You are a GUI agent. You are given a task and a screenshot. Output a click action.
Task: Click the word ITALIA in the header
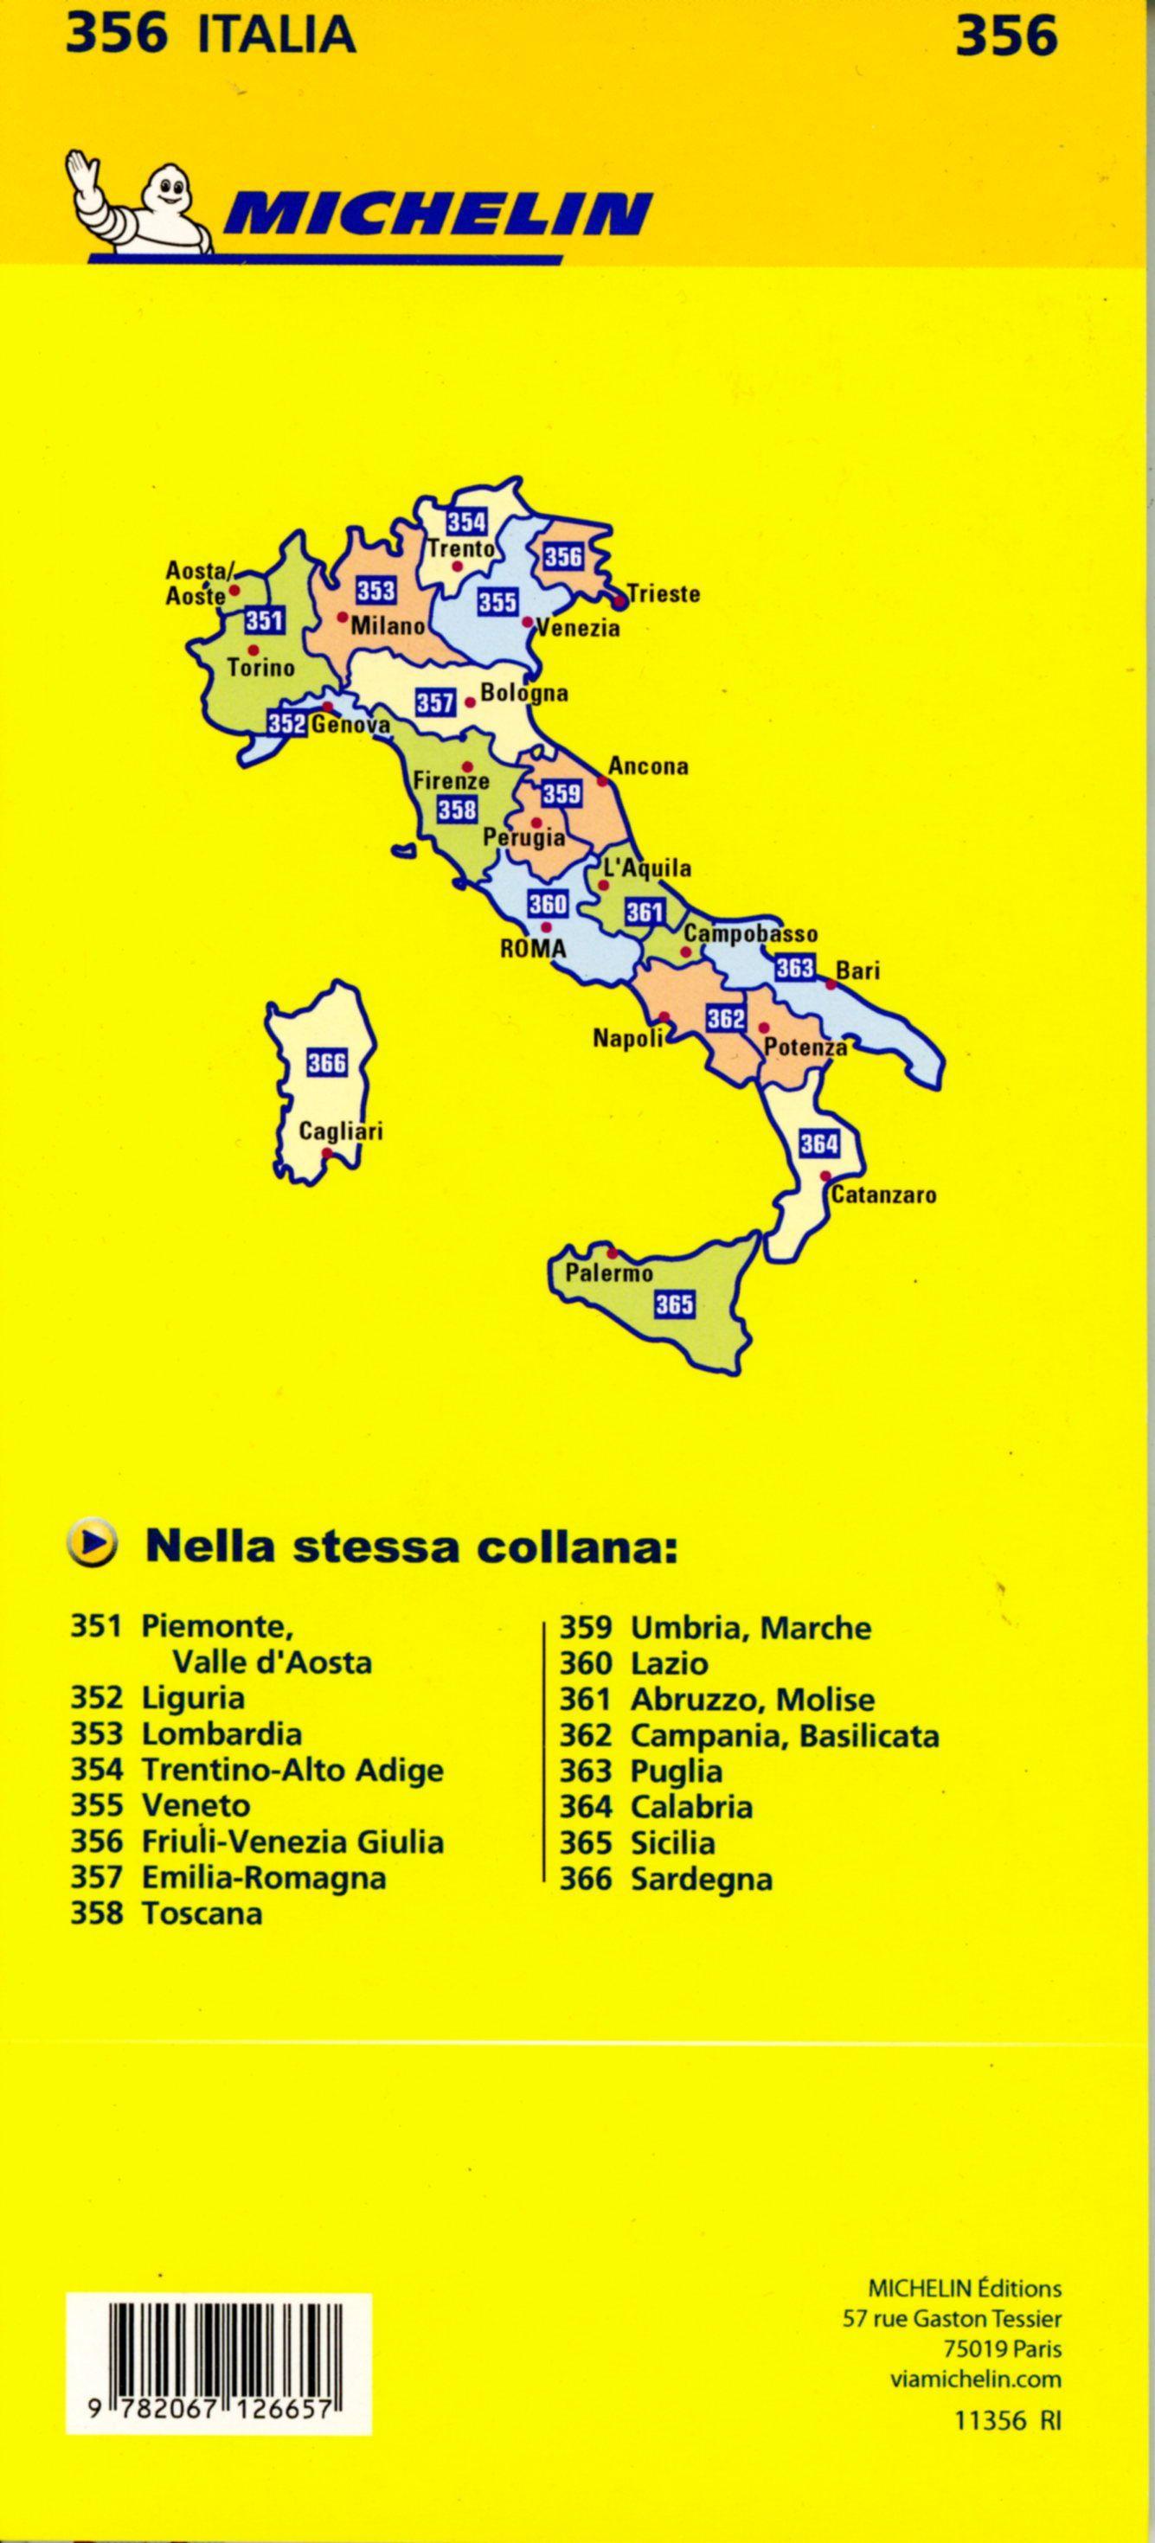(x=276, y=35)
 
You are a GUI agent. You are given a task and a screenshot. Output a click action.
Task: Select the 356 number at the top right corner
(x=1006, y=35)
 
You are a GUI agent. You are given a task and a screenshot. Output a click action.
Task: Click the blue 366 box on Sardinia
(x=327, y=1062)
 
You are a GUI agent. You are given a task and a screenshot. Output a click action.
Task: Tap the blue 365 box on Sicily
(x=675, y=1304)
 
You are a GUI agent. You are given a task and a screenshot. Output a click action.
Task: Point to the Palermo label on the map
(x=608, y=1273)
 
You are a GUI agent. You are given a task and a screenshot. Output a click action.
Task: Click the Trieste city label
(x=664, y=594)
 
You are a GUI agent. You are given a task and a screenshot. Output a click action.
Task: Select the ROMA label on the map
(x=533, y=949)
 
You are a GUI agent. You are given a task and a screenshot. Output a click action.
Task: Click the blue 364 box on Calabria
(x=818, y=1143)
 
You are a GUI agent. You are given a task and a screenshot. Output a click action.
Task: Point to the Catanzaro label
(x=883, y=1195)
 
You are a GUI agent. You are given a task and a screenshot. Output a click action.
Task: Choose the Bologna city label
(x=524, y=693)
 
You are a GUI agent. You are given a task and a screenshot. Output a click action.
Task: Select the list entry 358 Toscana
(x=167, y=1912)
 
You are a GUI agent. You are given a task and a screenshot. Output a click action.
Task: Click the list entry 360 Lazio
(x=634, y=1663)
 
